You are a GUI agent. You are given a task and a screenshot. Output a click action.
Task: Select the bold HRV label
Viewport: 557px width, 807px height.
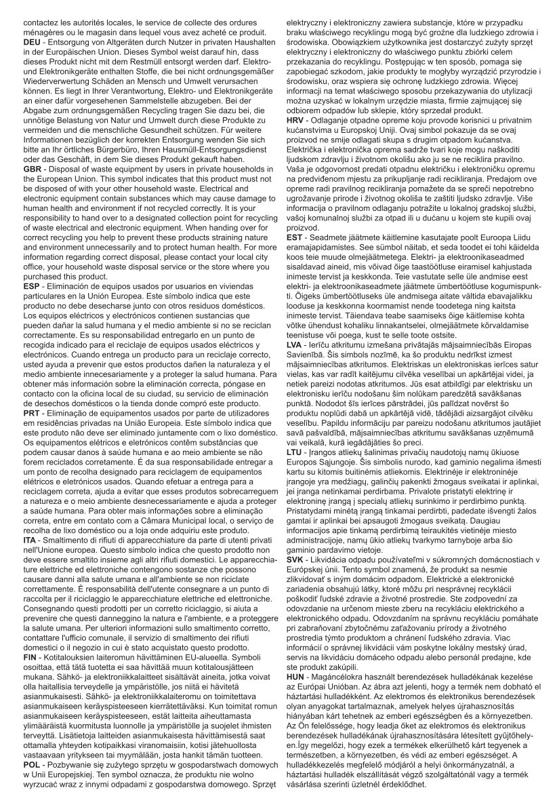(x=298, y=120)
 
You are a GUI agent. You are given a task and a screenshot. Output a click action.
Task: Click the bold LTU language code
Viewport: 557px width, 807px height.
(x=297, y=451)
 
